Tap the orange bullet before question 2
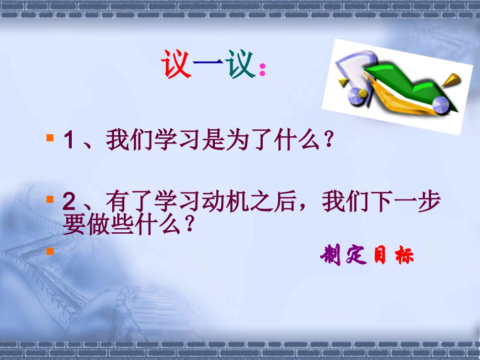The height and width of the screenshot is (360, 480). coord(50,199)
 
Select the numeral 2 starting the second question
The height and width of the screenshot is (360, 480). coord(69,202)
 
